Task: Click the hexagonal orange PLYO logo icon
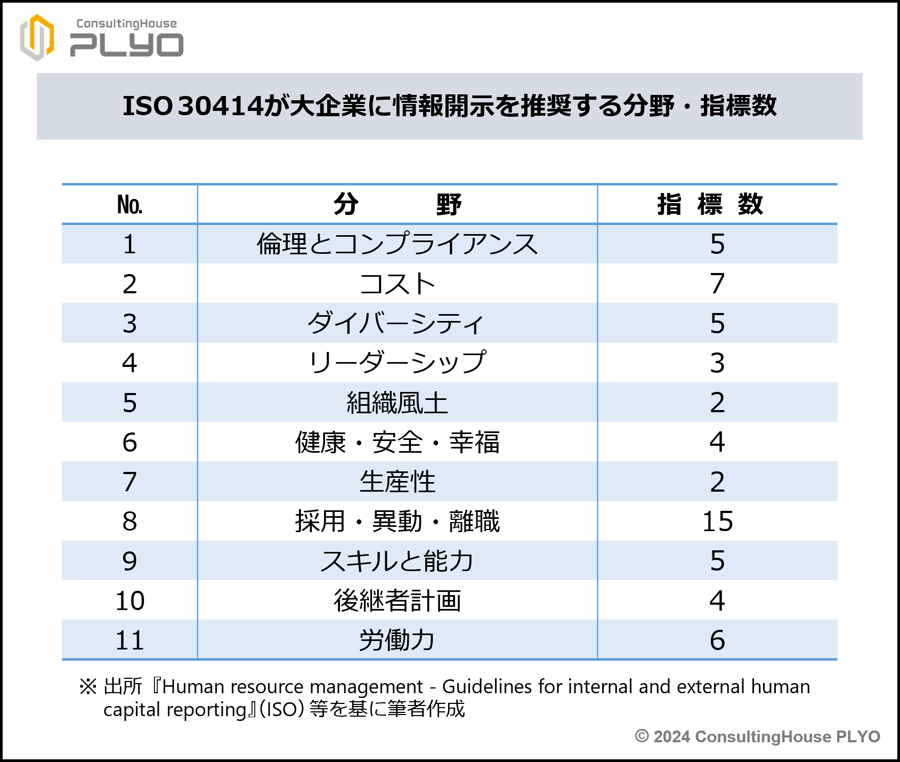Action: [37, 37]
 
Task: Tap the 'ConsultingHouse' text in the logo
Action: [126, 23]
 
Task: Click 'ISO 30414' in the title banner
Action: [193, 106]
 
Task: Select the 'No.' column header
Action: [129, 205]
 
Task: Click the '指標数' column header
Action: [710, 205]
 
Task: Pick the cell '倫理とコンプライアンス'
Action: [397, 244]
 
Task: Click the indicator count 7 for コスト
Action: [717, 284]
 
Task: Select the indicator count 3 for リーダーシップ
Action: [717, 363]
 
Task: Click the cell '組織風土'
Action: [397, 403]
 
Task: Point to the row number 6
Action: [129, 442]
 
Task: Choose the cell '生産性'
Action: [397, 482]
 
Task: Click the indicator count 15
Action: [717, 522]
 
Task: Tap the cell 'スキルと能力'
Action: [397, 561]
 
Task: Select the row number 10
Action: [129, 601]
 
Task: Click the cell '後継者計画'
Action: [397, 601]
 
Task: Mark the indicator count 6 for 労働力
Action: [717, 640]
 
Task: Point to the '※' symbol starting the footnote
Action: [88, 687]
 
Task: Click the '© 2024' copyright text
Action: [662, 737]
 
